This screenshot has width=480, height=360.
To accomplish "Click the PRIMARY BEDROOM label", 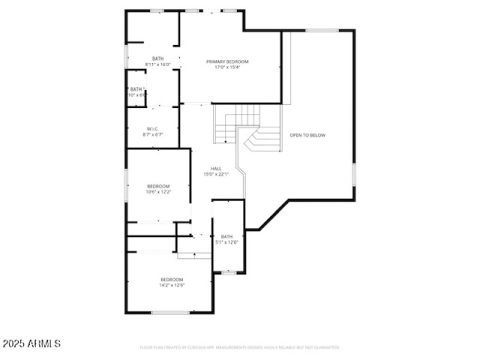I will tap(227, 62).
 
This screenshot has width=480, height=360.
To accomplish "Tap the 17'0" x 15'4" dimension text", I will tap(227, 67).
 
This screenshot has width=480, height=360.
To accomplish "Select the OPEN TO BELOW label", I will tap(307, 136).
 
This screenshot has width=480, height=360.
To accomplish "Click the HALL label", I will tap(216, 169).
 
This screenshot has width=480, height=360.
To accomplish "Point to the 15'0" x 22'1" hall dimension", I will tap(216, 174).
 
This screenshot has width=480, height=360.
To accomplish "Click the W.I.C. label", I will tap(153, 129).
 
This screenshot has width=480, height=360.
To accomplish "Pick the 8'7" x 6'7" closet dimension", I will tap(153, 135).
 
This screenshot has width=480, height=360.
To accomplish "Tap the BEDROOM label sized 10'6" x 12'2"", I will tap(158, 186).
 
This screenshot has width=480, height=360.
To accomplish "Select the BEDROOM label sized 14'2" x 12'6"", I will tap(172, 280).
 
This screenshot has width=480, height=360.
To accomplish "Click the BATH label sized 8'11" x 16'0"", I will tap(158, 58).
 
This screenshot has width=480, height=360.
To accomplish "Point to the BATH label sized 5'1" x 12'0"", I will tap(226, 237).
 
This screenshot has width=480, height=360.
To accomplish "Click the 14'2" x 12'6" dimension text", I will tap(172, 286).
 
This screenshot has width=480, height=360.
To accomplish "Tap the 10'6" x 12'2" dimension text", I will tap(158, 192).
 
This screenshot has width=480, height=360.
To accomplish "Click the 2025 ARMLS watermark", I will tap(31, 344).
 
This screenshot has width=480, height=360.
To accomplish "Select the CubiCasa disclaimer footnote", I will tap(240, 347).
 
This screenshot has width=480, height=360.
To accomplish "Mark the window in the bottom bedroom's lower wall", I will tap(170, 313).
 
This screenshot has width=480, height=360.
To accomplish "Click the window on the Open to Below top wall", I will tap(322, 30).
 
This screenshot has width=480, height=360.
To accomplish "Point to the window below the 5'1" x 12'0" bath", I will tap(229, 273).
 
